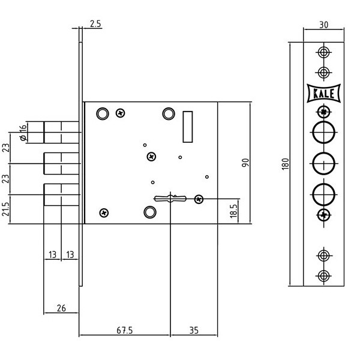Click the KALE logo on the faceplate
[x=323, y=93]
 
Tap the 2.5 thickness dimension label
[x=95, y=24]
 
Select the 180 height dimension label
[x=285, y=164]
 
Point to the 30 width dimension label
[x=324, y=25]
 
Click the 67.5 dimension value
[x=125, y=331]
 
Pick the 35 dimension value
[x=194, y=331]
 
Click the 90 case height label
[x=245, y=163]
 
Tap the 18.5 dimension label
[x=233, y=211]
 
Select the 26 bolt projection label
[x=61, y=308]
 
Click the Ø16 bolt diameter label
[x=23, y=133]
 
